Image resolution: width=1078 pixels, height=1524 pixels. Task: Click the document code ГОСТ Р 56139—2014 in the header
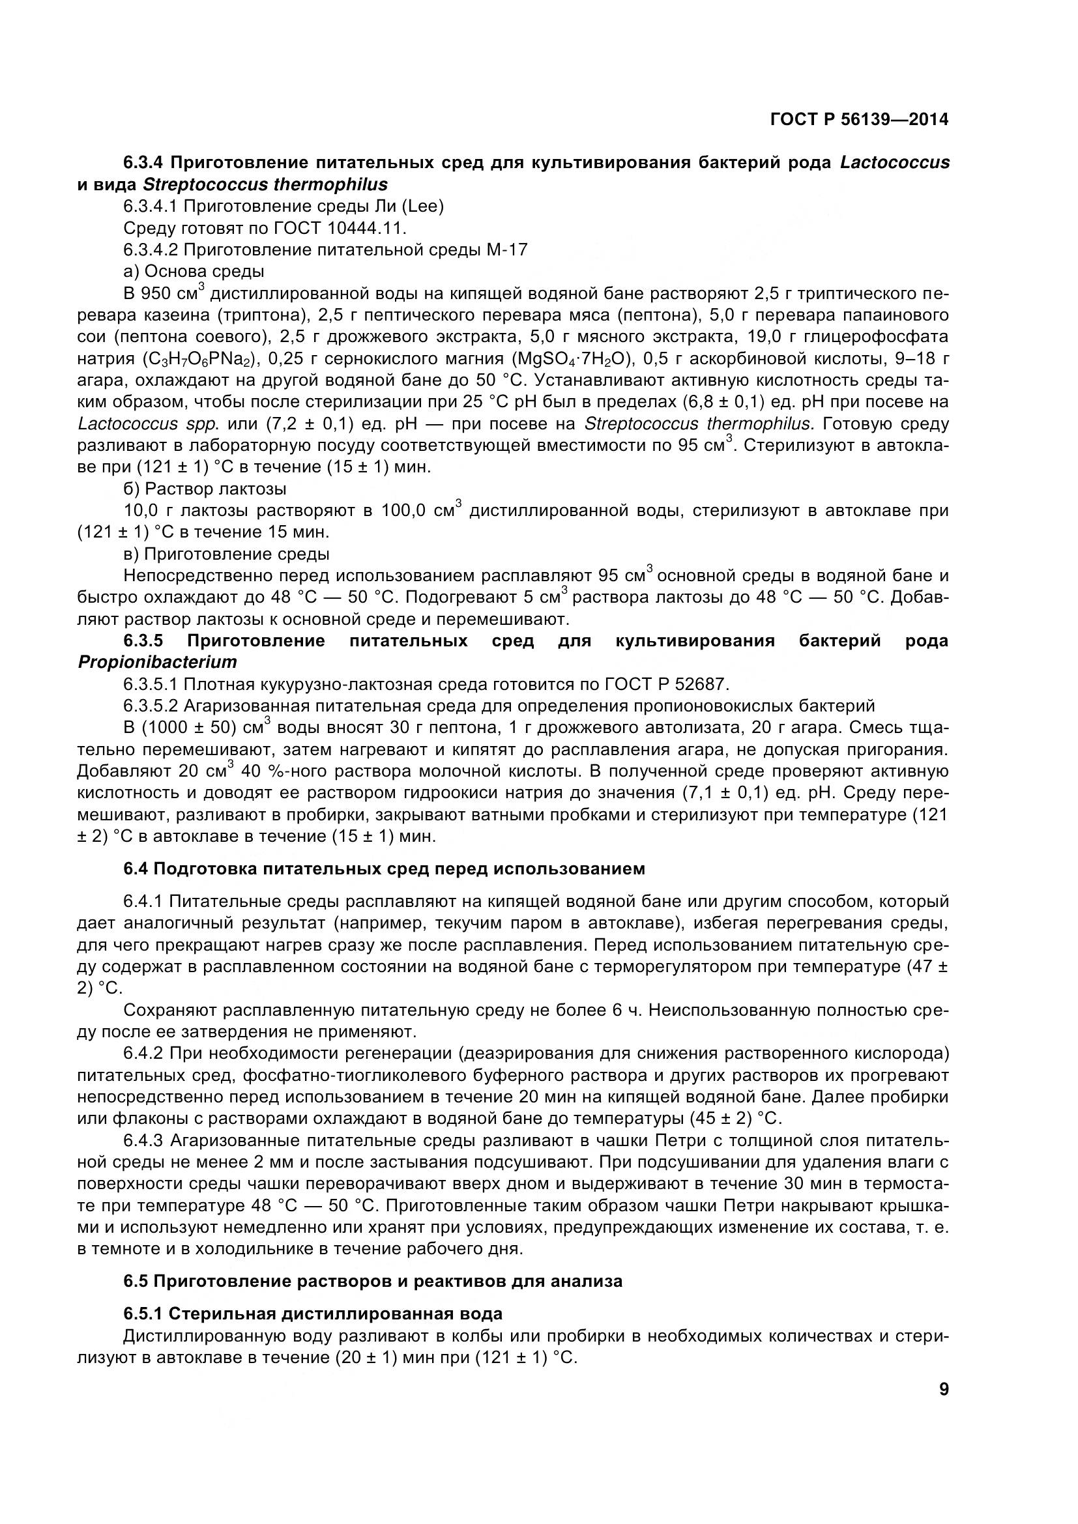(859, 120)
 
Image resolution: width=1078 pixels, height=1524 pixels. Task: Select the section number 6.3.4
(144, 163)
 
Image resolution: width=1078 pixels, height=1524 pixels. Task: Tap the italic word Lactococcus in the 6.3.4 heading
(894, 163)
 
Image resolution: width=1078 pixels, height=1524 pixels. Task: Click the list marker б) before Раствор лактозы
(132, 489)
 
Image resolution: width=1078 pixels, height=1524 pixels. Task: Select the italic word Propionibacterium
(157, 663)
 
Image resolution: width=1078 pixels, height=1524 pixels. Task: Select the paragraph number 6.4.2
(144, 1054)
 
